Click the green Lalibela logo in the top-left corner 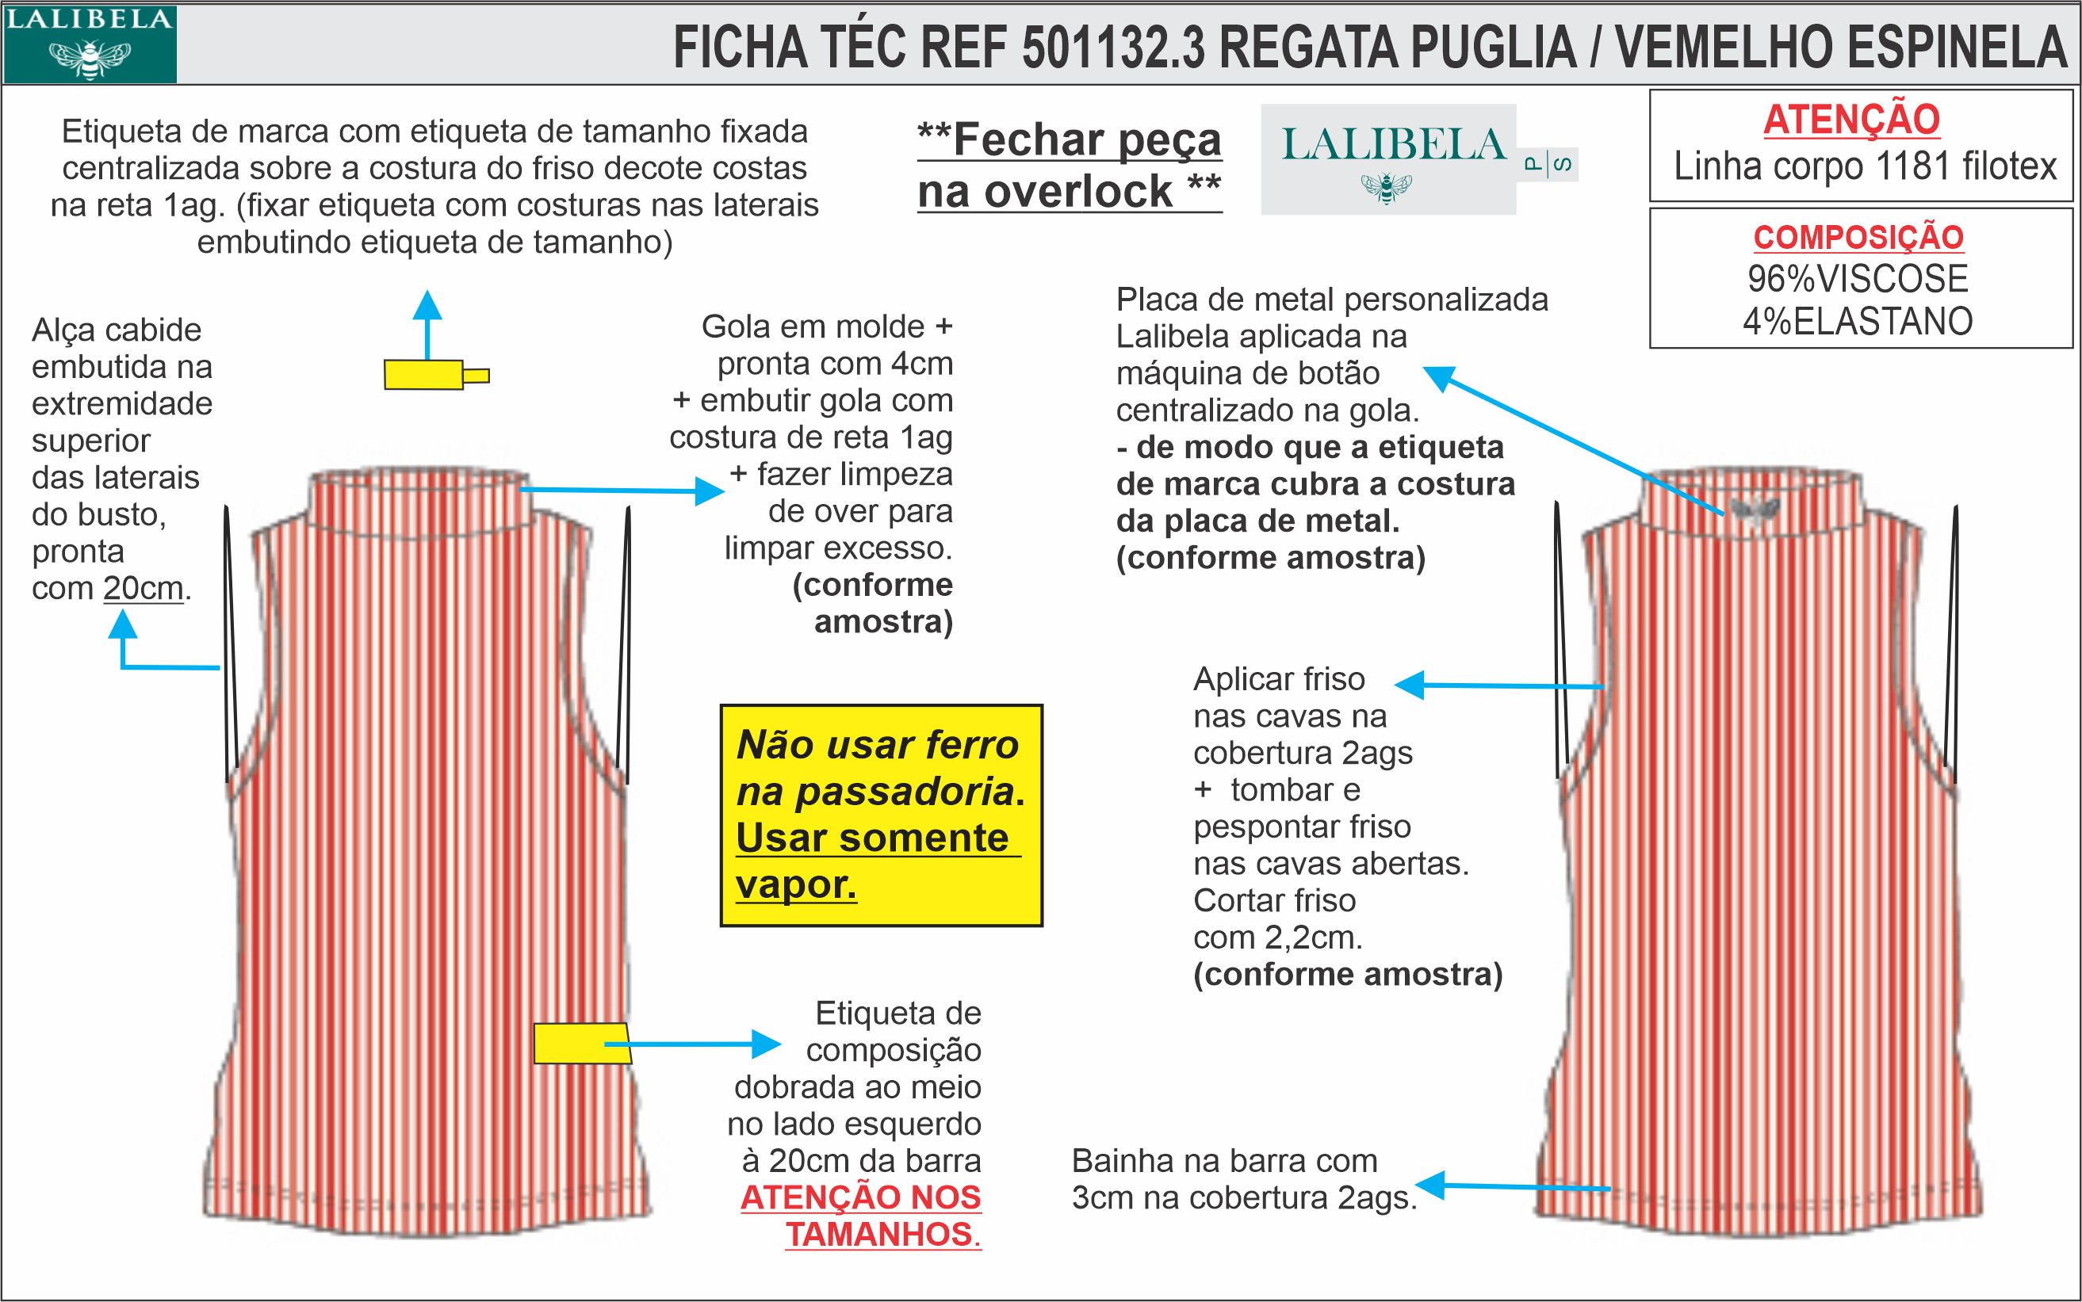90,44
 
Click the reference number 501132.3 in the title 1113,48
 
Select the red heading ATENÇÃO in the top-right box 1851,120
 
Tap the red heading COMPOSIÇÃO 1858,237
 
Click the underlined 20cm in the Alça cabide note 143,589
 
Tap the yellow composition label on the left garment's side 579,1044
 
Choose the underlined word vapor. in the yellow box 796,884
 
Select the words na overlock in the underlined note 1044,191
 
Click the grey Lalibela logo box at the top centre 1388,159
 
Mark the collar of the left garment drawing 419,499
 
